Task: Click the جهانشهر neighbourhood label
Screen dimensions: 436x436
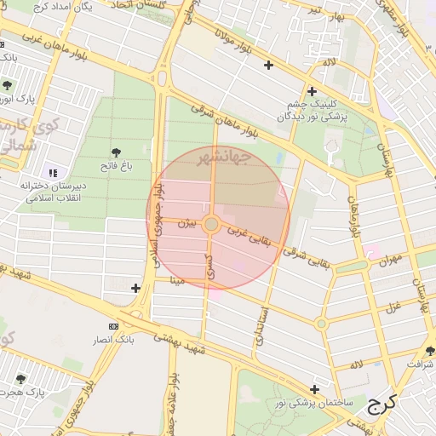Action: (222, 158)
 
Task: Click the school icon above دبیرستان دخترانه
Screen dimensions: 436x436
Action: (54, 173)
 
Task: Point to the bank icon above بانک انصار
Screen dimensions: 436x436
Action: (114, 327)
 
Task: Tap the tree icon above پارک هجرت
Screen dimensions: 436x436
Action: (21, 379)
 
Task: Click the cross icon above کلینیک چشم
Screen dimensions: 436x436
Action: (312, 92)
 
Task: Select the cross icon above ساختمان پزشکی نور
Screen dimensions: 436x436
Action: (315, 388)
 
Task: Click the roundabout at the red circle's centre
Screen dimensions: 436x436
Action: (213, 225)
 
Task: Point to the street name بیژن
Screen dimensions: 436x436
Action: (186, 224)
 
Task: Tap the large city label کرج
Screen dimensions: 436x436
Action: (383, 404)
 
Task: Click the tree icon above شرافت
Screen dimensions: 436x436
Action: (430, 351)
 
